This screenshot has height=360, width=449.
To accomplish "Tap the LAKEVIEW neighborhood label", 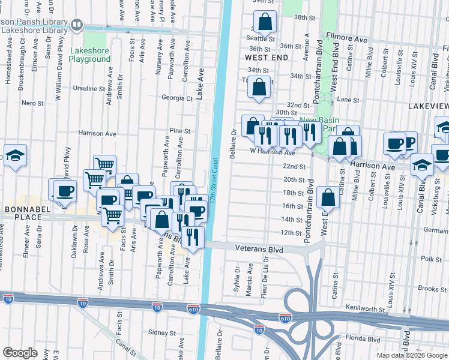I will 427,105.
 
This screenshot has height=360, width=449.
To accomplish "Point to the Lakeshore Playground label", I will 89,55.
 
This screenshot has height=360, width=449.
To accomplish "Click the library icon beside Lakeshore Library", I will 77,25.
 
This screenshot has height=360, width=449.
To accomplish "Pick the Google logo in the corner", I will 20,352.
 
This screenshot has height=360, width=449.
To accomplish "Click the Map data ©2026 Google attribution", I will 411,355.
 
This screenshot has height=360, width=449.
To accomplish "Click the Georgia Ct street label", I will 177,98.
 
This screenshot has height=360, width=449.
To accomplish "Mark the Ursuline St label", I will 89,88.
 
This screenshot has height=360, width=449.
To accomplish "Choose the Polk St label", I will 431,259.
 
